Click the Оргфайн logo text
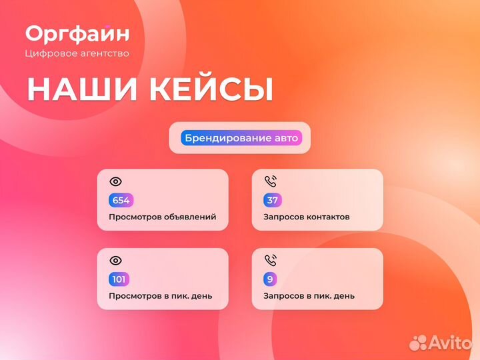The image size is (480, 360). [77, 33]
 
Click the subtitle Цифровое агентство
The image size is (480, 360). [77, 53]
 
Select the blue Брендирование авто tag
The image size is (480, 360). [241, 138]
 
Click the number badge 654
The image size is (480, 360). [121, 200]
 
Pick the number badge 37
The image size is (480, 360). [272, 200]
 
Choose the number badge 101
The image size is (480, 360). [119, 279]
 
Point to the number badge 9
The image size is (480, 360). [269, 279]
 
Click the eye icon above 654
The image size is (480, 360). [115, 181]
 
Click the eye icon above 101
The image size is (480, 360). [115, 260]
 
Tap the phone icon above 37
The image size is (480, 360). [270, 181]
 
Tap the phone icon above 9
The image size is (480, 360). [270, 260]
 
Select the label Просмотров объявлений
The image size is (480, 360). [162, 217]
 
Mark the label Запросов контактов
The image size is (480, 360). [306, 217]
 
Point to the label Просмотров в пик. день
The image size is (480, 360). [160, 296]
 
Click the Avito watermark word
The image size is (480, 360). [450, 343]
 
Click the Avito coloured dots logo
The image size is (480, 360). [418, 343]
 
